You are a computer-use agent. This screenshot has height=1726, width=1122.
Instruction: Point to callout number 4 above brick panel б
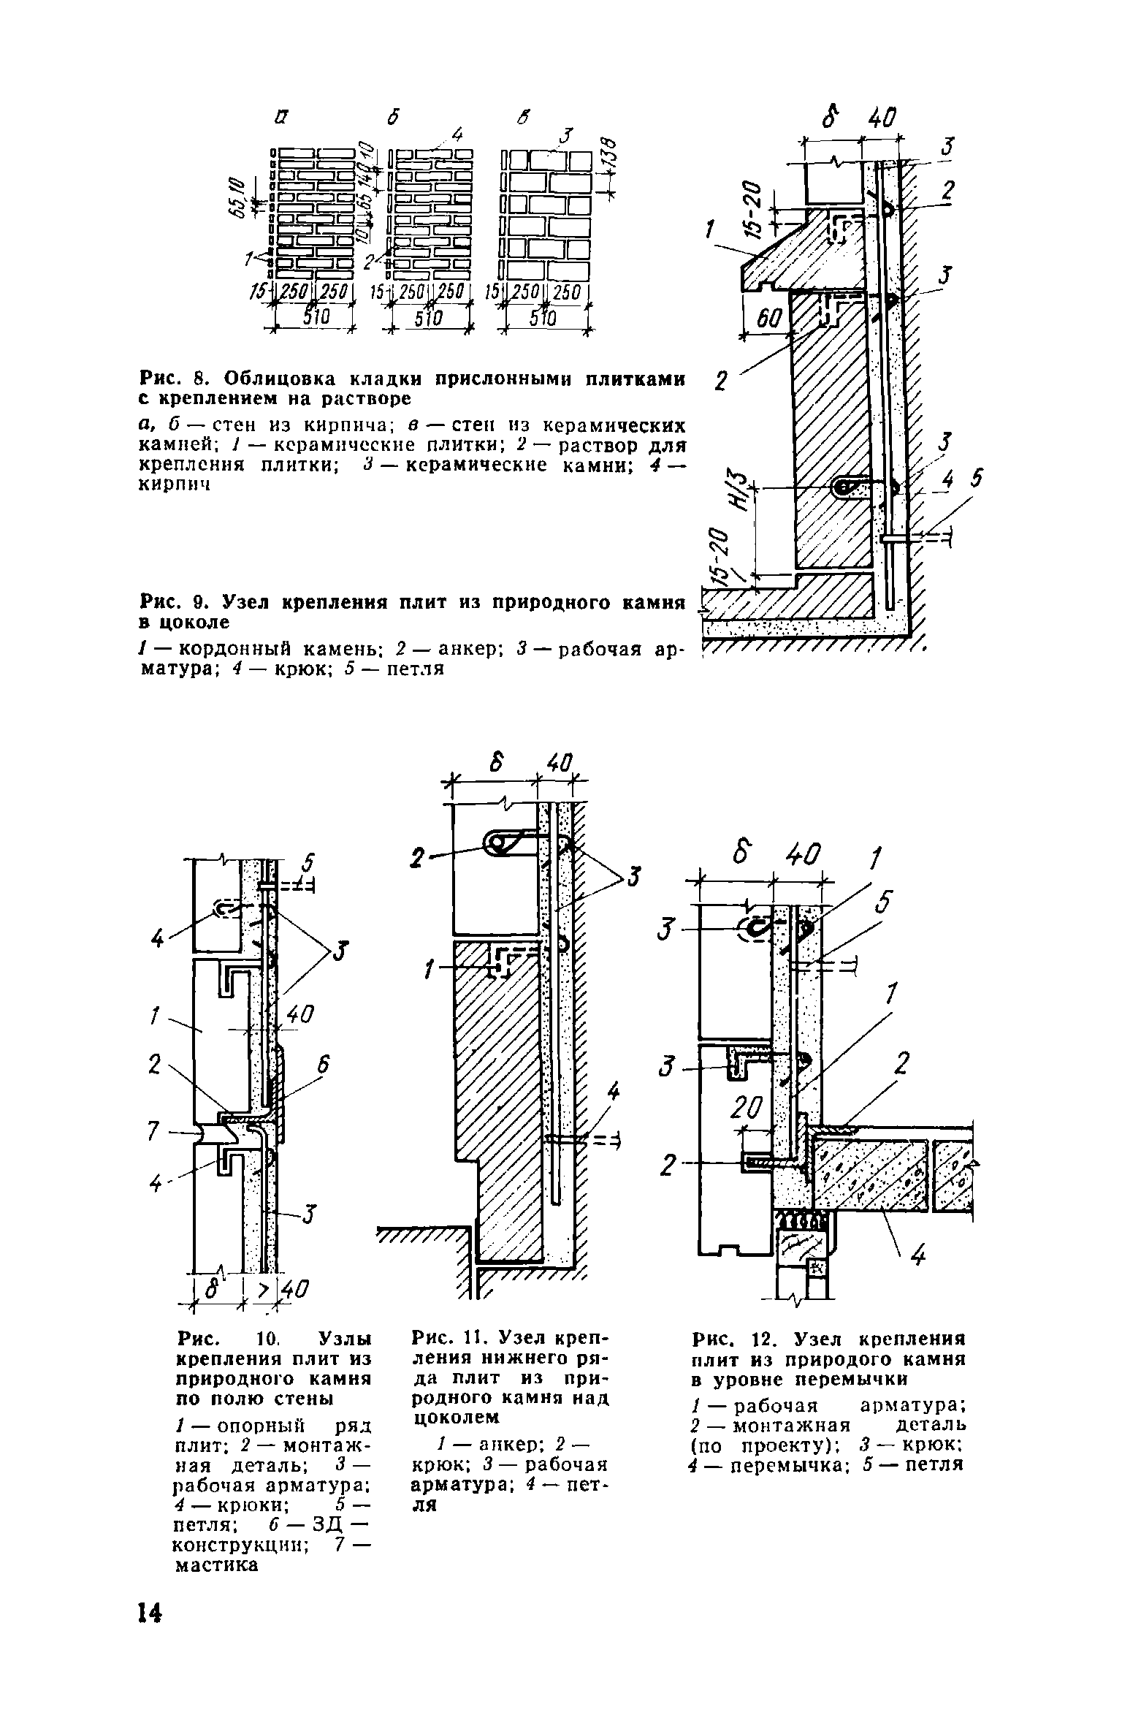point(458,134)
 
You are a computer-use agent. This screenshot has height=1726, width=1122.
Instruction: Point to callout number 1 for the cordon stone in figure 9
point(709,232)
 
